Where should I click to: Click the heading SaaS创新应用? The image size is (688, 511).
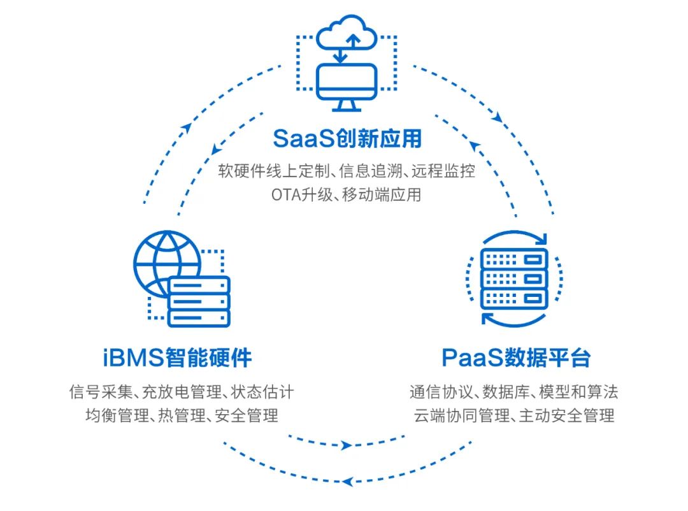tap(347, 138)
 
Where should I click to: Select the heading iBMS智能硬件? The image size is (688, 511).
tap(177, 357)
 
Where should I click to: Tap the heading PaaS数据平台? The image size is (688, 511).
tap(515, 357)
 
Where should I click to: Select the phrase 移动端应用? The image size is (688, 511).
tap(382, 194)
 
